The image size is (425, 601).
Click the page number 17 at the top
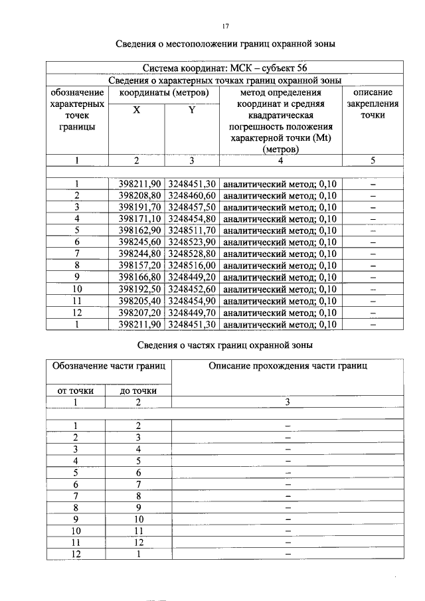click(224, 26)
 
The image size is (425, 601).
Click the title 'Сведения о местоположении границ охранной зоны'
click(224, 44)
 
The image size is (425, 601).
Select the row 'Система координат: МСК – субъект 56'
click(224, 68)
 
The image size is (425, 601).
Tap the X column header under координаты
click(136, 110)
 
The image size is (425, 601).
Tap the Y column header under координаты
click(191, 110)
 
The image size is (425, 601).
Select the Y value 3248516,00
click(192, 242)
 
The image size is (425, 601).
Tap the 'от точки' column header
click(77, 390)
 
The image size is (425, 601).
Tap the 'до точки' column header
click(138, 390)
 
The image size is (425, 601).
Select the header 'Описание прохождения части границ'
click(288, 365)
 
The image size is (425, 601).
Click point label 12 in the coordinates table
click(77, 312)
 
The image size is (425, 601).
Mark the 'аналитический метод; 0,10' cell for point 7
click(280, 254)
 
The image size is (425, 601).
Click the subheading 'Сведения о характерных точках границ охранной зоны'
click(224, 80)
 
